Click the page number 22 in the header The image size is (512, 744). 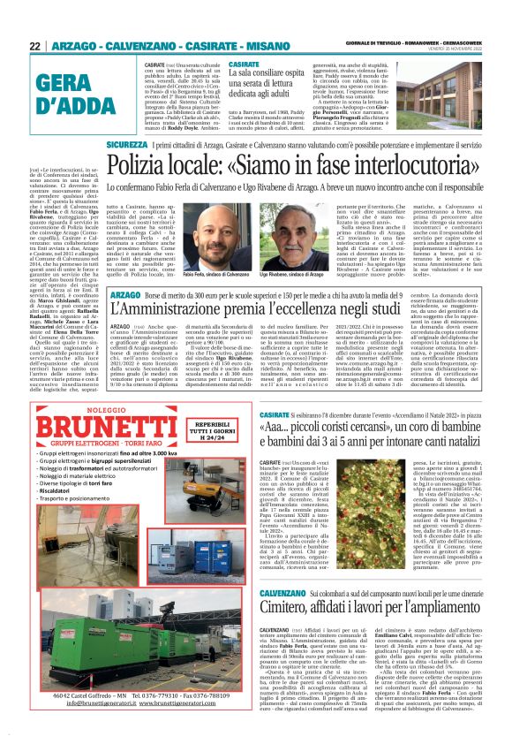pos(35,46)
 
